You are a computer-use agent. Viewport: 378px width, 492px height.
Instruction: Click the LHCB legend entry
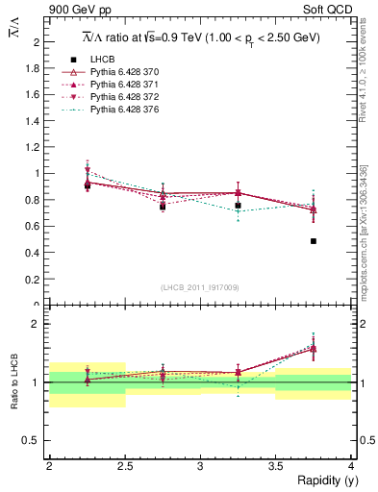(x=103, y=60)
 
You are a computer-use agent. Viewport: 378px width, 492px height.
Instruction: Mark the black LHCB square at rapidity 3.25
(x=239, y=206)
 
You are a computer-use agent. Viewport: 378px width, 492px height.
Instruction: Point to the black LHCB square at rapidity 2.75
(x=163, y=207)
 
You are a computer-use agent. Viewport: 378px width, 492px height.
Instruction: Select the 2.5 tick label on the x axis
(x=125, y=465)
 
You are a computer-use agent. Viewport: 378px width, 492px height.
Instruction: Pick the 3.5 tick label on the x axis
(x=276, y=465)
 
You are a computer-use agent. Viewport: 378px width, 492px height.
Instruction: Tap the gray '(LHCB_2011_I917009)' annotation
(x=200, y=287)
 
